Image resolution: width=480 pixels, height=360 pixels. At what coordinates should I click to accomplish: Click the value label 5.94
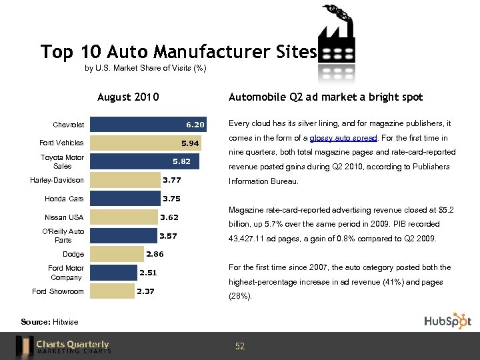191,143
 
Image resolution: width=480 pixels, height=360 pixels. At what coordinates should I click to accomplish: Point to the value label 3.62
169,217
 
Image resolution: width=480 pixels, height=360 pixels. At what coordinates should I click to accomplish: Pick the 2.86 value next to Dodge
155,254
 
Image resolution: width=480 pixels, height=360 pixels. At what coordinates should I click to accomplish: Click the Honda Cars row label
64,199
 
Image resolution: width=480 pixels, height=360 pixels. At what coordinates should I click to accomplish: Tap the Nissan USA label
64,217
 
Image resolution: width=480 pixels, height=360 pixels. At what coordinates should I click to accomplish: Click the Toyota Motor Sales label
62,161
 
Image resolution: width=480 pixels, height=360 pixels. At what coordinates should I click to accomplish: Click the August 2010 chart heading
128,97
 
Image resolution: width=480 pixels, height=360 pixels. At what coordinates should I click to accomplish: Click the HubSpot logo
447,321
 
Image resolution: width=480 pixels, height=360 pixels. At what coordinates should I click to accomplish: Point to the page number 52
240,346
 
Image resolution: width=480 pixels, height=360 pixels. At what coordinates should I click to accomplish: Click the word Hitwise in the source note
66,322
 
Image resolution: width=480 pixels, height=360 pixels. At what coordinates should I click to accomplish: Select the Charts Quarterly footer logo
63,346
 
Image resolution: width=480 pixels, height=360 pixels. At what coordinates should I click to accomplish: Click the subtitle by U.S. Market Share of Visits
145,68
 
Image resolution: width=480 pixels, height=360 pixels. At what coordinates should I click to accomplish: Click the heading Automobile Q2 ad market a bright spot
325,97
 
